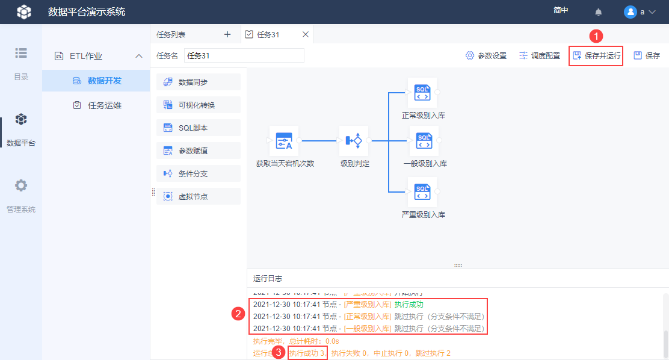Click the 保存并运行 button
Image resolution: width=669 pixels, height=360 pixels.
[x=596, y=56]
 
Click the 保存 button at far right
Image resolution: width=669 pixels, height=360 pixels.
[x=647, y=56]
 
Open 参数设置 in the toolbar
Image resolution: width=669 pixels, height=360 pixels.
[x=486, y=56]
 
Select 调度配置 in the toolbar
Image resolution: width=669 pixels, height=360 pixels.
[x=540, y=56]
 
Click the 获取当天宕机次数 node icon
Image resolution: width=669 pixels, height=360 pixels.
[x=284, y=141]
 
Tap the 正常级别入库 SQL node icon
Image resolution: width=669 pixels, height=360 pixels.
[x=422, y=93]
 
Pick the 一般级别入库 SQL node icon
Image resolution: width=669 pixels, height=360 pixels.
[x=424, y=141]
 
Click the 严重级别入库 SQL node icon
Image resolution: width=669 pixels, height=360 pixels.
[x=422, y=192]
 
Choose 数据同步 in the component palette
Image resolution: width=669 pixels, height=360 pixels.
[x=199, y=82]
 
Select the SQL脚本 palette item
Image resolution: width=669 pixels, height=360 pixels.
[x=199, y=128]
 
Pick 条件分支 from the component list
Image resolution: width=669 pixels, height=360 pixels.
[x=199, y=173]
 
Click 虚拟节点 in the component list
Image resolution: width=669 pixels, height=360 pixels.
[x=199, y=196]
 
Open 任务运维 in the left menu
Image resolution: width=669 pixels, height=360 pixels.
[x=104, y=105]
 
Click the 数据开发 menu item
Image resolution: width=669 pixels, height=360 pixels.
[x=104, y=81]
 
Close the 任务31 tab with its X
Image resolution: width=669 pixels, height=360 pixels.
[x=305, y=34]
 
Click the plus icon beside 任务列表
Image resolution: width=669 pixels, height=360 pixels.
[x=227, y=34]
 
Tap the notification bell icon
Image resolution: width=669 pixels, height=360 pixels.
[x=599, y=12]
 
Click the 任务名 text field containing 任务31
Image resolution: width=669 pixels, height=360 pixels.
[x=244, y=56]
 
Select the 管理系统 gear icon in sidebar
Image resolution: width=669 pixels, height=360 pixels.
[x=21, y=185]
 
